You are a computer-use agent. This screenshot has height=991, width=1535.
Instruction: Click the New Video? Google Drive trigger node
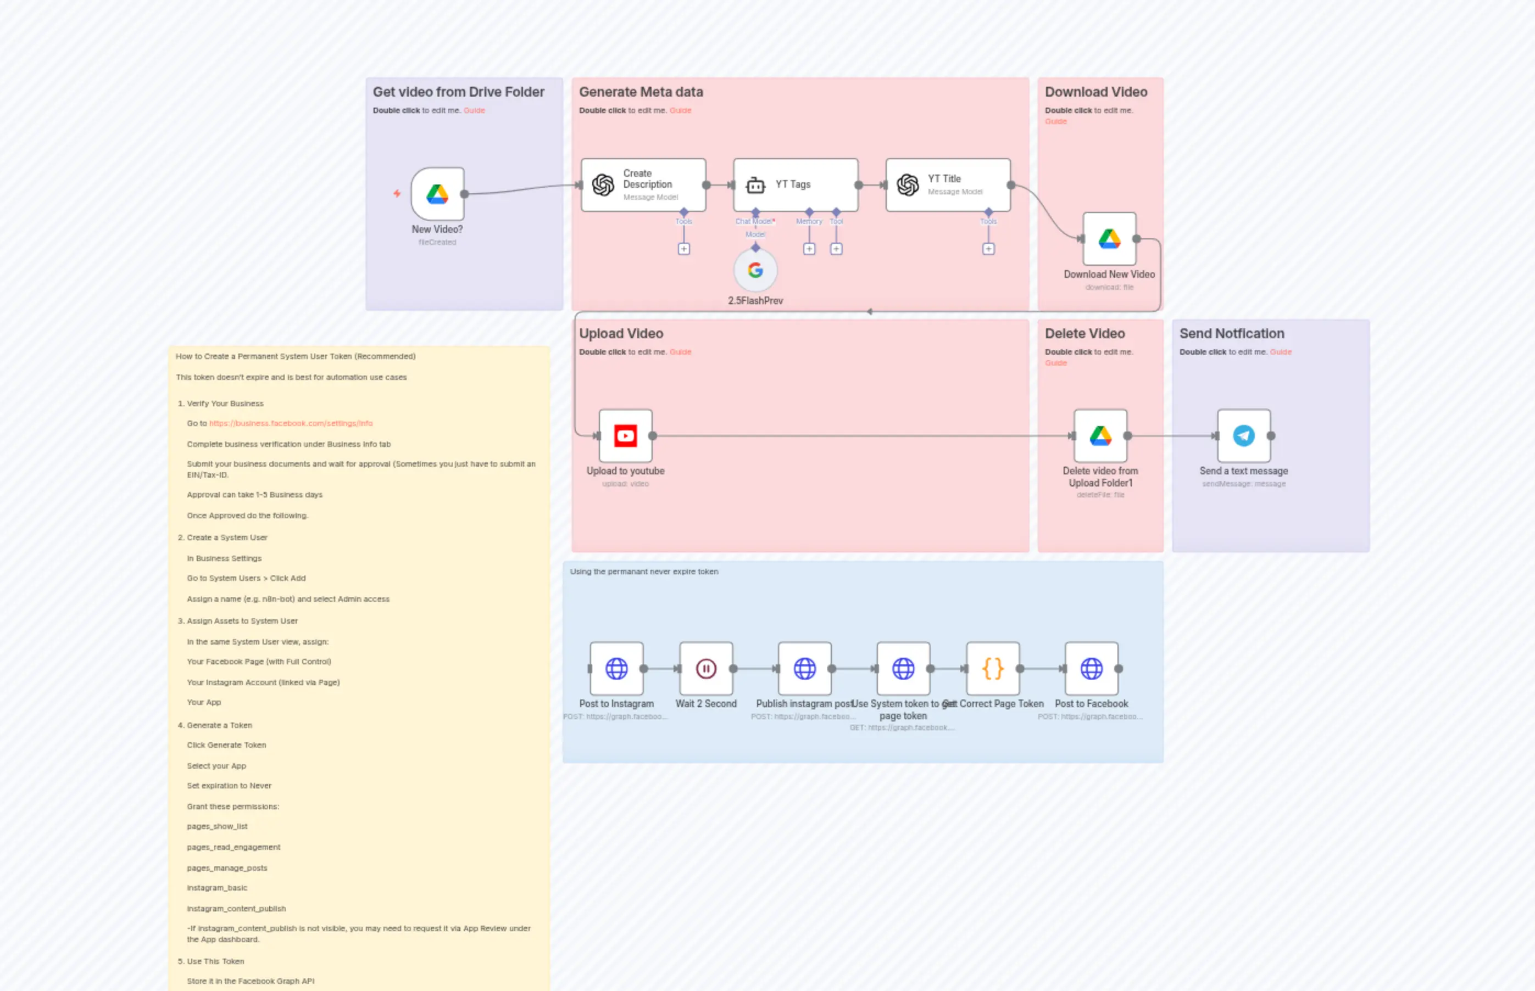pos(437,194)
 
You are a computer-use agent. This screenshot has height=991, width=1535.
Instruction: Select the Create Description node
pos(643,184)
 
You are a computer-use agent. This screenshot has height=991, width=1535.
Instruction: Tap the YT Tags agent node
pos(795,184)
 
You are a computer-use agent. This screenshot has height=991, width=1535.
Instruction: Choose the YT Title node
pos(947,184)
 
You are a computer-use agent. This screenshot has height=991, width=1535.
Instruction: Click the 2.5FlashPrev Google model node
pos(755,270)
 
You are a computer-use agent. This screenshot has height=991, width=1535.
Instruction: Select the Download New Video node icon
pos(1109,239)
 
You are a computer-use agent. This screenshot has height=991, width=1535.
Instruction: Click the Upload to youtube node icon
pos(625,435)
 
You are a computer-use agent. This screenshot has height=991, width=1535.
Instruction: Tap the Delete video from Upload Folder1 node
pos(1100,435)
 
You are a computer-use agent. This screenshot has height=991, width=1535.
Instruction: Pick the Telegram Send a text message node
pos(1243,435)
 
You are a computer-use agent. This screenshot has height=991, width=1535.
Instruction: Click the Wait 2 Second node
pos(705,669)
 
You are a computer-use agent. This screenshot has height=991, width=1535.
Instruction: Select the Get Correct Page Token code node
pos(992,669)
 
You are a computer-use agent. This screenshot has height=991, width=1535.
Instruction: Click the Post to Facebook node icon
pos(1092,669)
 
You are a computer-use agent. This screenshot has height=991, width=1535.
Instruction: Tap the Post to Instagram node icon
pos(616,669)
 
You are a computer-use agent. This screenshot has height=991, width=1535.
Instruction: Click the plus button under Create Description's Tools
pos(684,249)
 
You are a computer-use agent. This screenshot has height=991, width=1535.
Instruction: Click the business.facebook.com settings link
pos(291,423)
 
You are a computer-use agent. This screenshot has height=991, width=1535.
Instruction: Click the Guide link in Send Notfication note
pos(1280,352)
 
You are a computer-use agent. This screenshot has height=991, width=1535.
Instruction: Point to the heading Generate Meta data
pos(641,92)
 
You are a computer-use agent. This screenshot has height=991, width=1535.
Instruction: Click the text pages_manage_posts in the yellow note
pos(227,868)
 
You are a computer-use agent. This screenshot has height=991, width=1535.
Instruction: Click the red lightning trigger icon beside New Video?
pos(397,194)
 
